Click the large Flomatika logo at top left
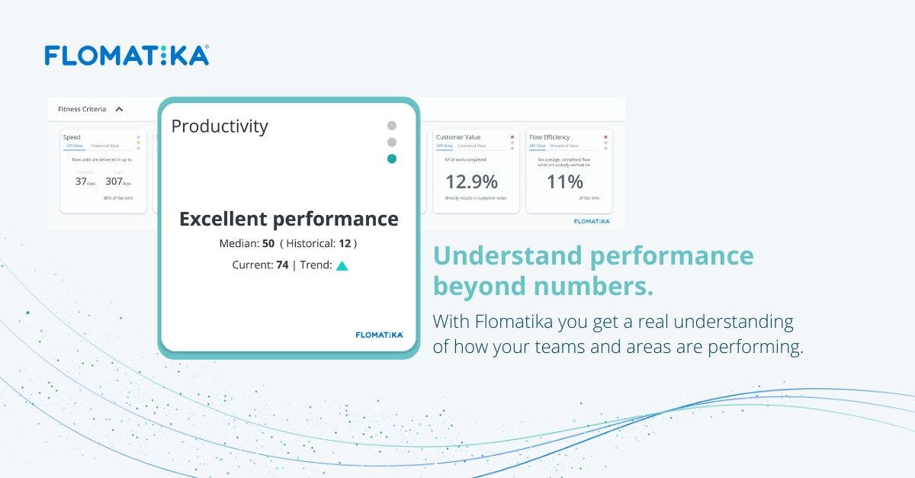coord(127,55)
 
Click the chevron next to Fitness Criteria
coord(119,109)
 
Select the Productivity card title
coord(220,126)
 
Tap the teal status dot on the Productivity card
coord(392,159)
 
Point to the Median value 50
coord(268,244)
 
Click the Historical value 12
coord(345,244)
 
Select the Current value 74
coord(281,265)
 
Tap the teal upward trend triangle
coord(342,266)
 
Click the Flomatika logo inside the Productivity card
coord(379,334)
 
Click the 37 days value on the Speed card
coord(81,181)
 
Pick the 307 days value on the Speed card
coord(114,181)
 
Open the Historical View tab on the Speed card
coord(104,146)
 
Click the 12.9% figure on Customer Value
coord(470,182)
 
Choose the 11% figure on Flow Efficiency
coord(564,182)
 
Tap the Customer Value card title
coord(459,137)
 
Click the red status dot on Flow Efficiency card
coord(605,137)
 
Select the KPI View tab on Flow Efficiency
coord(538,146)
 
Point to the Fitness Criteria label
coord(82,109)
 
